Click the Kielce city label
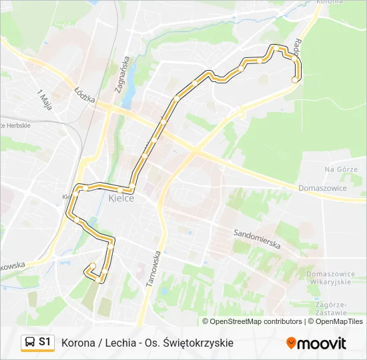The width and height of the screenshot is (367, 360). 121,199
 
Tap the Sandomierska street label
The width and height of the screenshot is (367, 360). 257,239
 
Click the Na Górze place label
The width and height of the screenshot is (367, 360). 341,170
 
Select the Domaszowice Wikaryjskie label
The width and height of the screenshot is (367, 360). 328,278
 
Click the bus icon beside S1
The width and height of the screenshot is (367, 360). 29,343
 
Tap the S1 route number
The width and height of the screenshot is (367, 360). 45,343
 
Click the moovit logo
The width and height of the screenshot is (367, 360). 316,343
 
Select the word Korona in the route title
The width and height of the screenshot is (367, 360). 77,343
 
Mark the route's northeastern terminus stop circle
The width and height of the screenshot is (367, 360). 295,79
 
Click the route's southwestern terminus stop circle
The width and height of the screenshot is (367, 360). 93,266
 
